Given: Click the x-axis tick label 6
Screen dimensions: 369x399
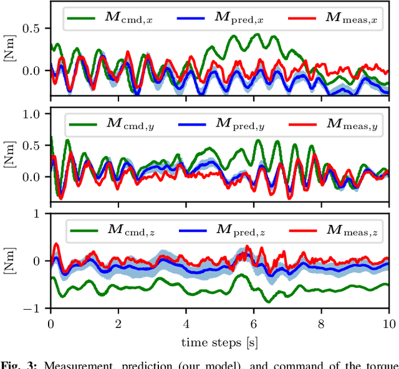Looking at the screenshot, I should click(254, 324).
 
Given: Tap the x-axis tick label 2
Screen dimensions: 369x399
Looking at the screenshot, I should click(118, 324).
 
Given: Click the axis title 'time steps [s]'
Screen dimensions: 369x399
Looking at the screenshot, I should click(220, 342).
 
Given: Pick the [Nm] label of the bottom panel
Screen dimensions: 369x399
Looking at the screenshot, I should click(9, 261).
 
